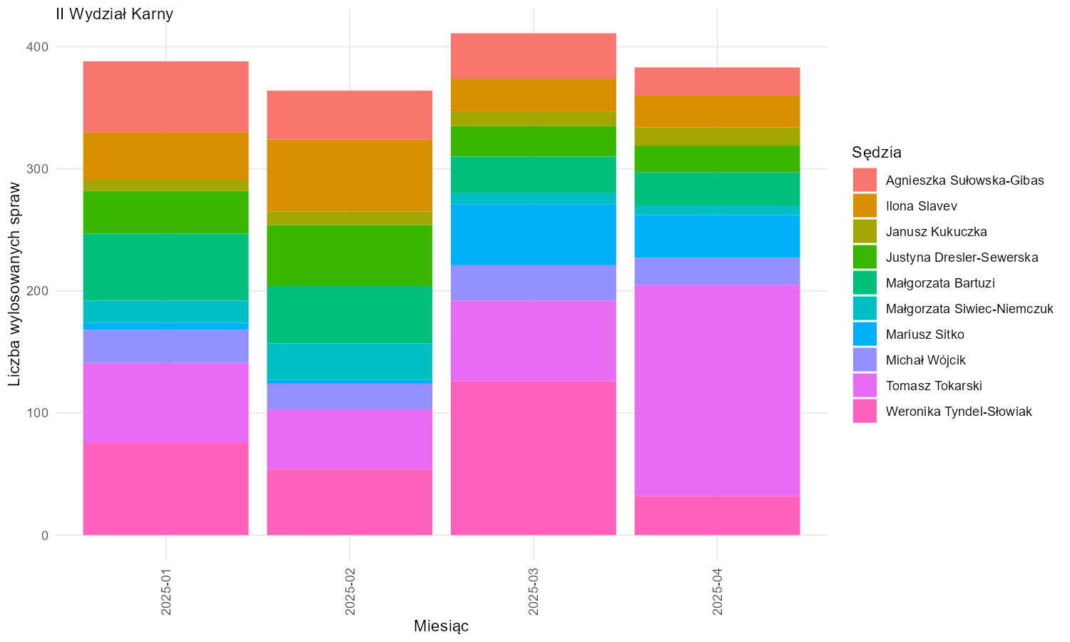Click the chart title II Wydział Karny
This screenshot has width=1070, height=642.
click(x=114, y=14)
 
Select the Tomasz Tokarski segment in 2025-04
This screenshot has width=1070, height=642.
click(x=717, y=390)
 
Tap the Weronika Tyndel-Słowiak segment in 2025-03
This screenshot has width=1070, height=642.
click(x=534, y=458)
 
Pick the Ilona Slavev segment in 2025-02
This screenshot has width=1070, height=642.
click(x=350, y=175)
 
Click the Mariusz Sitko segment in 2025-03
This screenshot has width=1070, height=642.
click(x=534, y=235)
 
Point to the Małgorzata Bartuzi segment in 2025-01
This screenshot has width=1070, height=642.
click(x=165, y=267)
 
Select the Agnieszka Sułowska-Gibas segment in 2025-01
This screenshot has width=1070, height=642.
click(x=165, y=97)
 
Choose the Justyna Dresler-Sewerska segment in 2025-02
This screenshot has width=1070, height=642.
click(x=350, y=255)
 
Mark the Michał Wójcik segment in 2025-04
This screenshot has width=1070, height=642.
click(x=717, y=271)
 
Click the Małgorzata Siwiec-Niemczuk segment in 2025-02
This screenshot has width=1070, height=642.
click(x=350, y=362)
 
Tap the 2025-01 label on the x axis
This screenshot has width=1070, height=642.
click(x=165, y=591)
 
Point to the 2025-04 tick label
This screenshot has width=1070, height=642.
click(x=717, y=591)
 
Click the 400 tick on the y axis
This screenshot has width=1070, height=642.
click(x=38, y=47)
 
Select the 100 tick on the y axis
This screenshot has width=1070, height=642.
click(x=38, y=413)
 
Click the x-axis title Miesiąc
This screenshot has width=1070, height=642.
click(x=441, y=626)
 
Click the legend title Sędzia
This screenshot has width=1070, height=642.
click(x=877, y=153)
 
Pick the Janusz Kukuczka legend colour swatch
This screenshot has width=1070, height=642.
click(x=865, y=232)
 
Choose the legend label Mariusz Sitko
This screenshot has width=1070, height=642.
click(x=924, y=335)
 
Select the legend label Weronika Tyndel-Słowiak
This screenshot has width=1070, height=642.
click(x=959, y=412)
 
